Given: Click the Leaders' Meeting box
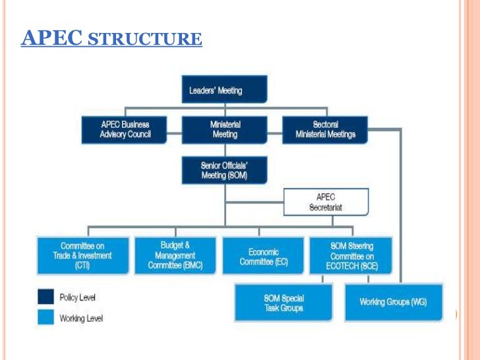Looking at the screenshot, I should pyautogui.click(x=224, y=89).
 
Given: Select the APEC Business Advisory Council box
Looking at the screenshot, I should pyautogui.click(x=125, y=129).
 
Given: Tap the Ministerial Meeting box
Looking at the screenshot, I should pyautogui.click(x=224, y=129).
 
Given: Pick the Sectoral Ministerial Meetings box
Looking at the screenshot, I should pyautogui.click(x=324, y=129).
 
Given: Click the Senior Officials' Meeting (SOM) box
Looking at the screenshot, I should pyautogui.click(x=224, y=169).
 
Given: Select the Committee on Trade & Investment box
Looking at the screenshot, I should pyautogui.click(x=82, y=255).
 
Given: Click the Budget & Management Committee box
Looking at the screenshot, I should pyautogui.click(x=175, y=255).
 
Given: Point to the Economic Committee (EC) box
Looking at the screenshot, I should pyautogui.click(x=264, y=255).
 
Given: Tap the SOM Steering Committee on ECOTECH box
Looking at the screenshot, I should pyautogui.click(x=351, y=255).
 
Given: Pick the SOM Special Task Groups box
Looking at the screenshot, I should pyautogui.click(x=284, y=303).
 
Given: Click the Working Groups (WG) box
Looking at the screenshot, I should pyautogui.click(x=393, y=302).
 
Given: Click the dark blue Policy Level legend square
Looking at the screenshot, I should pyautogui.click(x=45, y=297).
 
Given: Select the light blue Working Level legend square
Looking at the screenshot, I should pyautogui.click(x=45, y=318).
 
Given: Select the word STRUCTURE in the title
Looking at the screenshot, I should pyautogui.click(x=144, y=39).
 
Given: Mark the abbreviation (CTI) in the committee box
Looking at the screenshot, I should pyautogui.click(x=82, y=265).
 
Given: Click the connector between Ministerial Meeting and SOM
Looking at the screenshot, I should pyautogui.click(x=224, y=150).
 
